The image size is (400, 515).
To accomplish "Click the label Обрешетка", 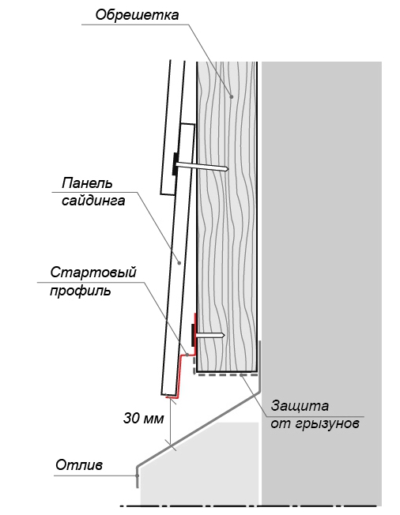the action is click(x=137, y=15).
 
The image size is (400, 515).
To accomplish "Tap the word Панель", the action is click(x=88, y=183).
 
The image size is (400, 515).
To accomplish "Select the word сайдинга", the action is click(x=93, y=201).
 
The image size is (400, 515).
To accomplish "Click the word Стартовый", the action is click(x=93, y=273).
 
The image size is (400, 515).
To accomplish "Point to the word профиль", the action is click(x=81, y=291).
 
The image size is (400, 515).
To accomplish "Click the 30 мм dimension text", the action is click(x=143, y=419).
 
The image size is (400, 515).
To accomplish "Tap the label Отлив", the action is click(x=79, y=464).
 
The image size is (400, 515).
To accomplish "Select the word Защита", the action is click(x=300, y=406).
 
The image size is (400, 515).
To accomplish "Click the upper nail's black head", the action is click(x=175, y=164).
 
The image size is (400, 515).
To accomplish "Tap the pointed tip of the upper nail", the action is click(x=228, y=169).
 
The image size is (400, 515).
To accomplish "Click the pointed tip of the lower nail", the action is click(x=225, y=336).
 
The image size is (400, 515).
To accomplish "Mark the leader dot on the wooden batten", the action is click(x=232, y=96).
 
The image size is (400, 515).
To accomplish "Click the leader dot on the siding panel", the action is click(x=179, y=262).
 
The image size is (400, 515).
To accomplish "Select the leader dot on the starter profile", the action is click(x=187, y=355).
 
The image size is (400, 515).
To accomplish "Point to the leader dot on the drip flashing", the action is click(x=137, y=476).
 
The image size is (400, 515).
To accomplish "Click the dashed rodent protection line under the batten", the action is click(x=225, y=374).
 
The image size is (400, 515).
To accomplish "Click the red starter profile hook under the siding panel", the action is click(x=180, y=374).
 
